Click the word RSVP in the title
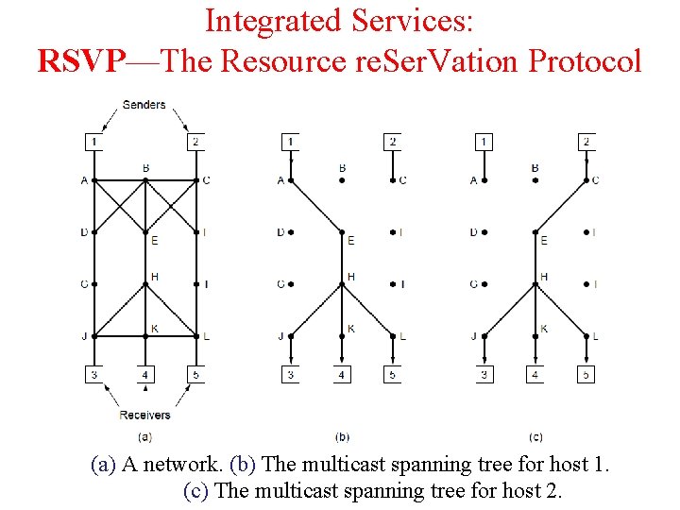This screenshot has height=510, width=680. [80, 61]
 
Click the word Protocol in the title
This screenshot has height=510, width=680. [585, 61]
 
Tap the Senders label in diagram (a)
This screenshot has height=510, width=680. [144, 105]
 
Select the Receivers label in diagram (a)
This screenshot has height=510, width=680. [144, 415]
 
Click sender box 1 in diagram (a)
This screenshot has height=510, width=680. [93, 142]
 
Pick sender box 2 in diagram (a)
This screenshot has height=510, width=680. [195, 142]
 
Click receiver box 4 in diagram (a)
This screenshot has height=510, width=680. [144, 375]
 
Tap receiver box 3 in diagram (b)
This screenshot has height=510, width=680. [291, 375]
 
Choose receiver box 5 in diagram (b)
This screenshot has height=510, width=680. [393, 375]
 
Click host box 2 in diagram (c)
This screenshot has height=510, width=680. [586, 142]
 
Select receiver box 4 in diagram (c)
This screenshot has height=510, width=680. [535, 375]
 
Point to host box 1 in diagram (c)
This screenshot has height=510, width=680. [484, 142]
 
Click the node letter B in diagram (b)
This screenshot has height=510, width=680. [342, 168]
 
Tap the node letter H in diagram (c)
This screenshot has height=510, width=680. [543, 277]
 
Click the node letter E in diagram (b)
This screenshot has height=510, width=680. [350, 241]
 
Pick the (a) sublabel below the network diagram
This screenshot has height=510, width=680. [144, 437]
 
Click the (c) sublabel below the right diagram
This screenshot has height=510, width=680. [535, 437]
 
